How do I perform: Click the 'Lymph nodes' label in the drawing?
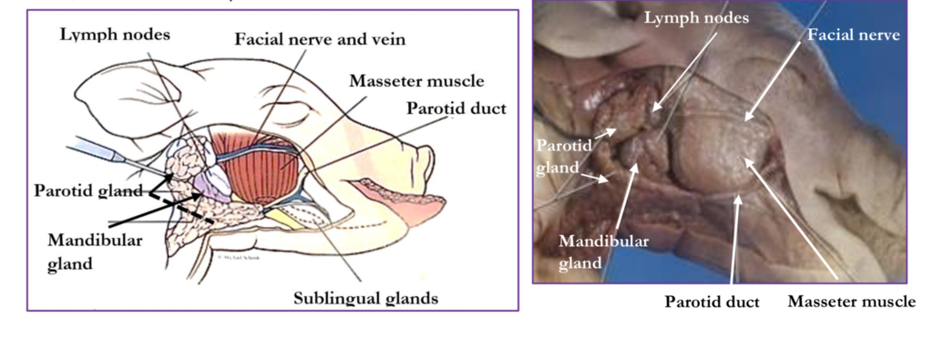pyautogui.click(x=115, y=36)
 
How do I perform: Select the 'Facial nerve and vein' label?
pyautogui.click(x=320, y=39)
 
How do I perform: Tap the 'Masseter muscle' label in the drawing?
pyautogui.click(x=416, y=80)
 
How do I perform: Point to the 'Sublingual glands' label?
pyautogui.click(x=366, y=297)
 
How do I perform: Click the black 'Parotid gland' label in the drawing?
pyautogui.click(x=88, y=191)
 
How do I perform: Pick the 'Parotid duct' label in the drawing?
pyautogui.click(x=456, y=108)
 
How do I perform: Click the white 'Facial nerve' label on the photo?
pyautogui.click(x=853, y=36)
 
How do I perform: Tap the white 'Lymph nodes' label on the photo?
pyautogui.click(x=697, y=18)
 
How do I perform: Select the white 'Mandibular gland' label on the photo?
pyautogui.click(x=603, y=252)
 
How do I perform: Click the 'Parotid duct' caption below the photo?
pyautogui.click(x=712, y=302)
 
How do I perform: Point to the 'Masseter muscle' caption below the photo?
pyautogui.click(x=852, y=302)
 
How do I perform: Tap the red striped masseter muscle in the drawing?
pyautogui.click(x=255, y=167)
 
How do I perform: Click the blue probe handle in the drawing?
pyautogui.click(x=95, y=149)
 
